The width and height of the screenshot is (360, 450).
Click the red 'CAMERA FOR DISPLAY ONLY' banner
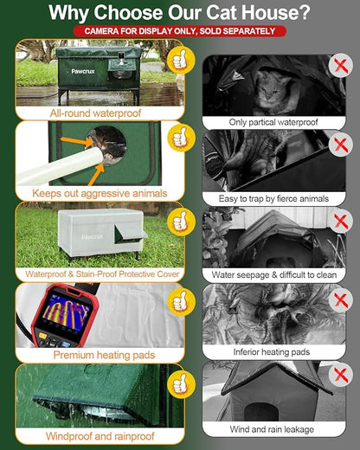pos(179,31)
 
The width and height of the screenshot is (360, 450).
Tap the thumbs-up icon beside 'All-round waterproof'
pos(179,61)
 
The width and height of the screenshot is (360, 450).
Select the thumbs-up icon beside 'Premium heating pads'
pos(179,301)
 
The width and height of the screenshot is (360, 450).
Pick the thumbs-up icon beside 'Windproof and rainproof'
pos(179,382)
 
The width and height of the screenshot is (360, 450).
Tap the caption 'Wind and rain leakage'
pos(273,428)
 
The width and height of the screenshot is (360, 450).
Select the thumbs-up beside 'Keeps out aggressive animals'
pos(179,138)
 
